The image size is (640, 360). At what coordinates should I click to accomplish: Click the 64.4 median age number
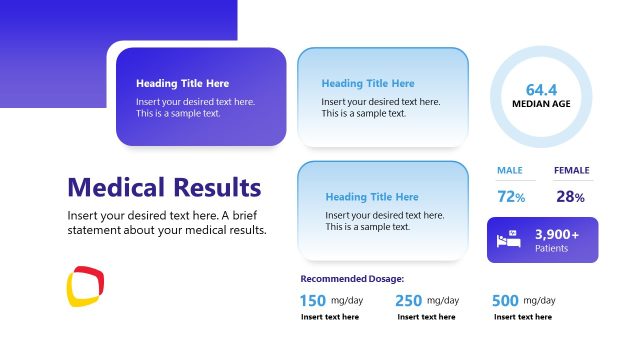541,89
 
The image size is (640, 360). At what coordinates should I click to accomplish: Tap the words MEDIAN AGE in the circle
541,103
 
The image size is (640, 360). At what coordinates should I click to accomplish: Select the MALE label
510,170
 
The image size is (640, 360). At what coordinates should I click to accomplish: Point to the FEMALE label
571,170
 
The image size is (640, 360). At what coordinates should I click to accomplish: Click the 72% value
511,197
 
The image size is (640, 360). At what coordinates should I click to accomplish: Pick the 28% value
571,197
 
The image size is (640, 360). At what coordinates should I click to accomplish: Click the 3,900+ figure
557,234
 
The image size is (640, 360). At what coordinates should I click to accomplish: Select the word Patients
552,248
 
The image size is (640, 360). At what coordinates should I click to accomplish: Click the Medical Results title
164,187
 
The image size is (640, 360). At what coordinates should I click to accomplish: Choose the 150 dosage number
313,300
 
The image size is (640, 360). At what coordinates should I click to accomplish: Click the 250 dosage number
408,300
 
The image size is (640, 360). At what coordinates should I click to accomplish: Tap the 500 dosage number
504,300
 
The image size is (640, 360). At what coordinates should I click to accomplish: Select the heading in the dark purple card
182,83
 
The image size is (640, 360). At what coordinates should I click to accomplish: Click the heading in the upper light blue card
368,83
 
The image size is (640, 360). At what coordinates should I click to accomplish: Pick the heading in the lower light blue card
372,197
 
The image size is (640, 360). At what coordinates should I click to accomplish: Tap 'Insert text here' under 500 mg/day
522,317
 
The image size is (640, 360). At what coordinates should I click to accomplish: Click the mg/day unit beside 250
443,300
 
